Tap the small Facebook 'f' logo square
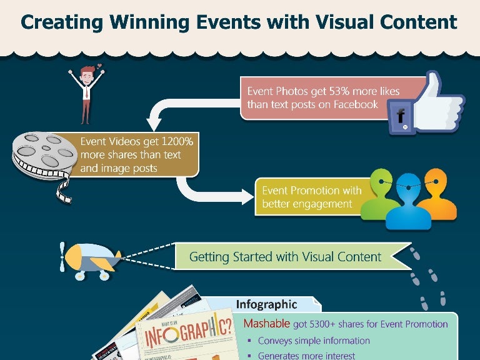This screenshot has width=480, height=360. (400, 117)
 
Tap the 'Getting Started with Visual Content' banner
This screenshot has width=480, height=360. (286, 256)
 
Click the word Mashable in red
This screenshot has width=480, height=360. (266, 324)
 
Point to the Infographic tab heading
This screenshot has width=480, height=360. (266, 304)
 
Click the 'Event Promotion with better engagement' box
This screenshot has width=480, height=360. (309, 197)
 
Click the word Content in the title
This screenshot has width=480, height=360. (421, 23)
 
